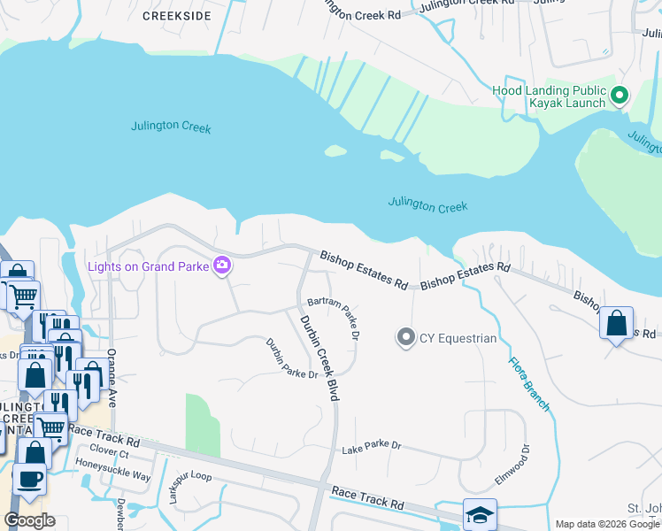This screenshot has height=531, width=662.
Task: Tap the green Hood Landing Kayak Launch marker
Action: [x=620, y=94]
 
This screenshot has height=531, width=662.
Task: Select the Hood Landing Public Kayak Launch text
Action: [x=550, y=97]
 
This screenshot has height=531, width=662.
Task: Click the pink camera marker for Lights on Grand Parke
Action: [x=222, y=265]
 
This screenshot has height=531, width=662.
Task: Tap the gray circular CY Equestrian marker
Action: [x=406, y=337]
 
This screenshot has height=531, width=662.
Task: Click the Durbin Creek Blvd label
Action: [x=319, y=358]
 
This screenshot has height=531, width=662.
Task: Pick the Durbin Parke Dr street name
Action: [x=292, y=358]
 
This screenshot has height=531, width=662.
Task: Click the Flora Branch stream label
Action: [x=529, y=383]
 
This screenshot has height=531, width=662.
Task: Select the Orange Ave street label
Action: [x=112, y=377]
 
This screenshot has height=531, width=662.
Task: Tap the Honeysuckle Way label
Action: [x=112, y=474]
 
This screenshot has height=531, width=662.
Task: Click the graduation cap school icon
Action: [x=480, y=514]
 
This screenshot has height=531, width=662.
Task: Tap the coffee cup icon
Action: [x=29, y=479]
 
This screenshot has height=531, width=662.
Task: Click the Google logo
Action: [x=29, y=520]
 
